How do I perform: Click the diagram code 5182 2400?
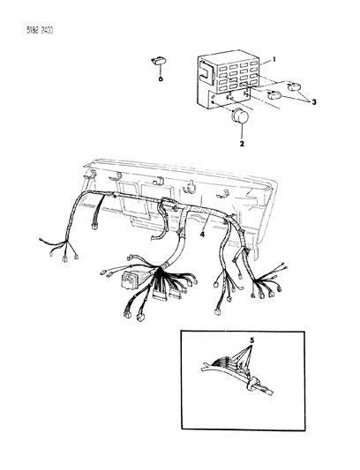click(40, 31)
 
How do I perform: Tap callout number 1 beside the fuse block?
click(274, 60)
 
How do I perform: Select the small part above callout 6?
click(158, 61)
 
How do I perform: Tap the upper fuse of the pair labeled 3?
click(294, 87)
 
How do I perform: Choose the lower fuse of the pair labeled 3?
click(274, 95)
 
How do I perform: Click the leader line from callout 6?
click(161, 70)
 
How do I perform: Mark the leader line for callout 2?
click(242, 131)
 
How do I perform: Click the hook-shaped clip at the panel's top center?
click(190, 187)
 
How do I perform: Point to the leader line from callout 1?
click(266, 62)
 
